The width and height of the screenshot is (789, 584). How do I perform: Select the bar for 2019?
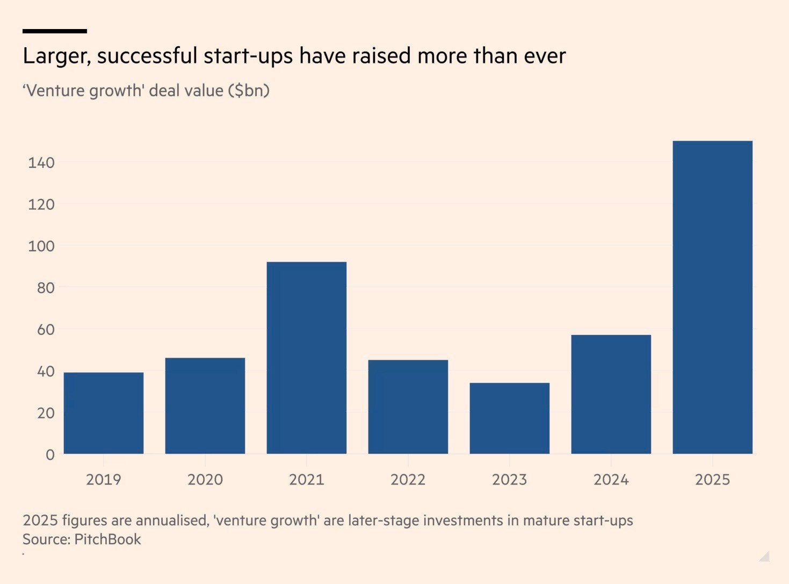pyautogui.click(x=104, y=413)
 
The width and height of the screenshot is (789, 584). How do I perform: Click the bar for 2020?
pyautogui.click(x=205, y=405)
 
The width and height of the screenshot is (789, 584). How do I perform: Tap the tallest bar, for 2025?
pyautogui.click(x=712, y=297)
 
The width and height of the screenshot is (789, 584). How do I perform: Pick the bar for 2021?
pyautogui.click(x=307, y=358)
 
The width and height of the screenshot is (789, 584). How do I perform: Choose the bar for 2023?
pyautogui.click(x=509, y=418)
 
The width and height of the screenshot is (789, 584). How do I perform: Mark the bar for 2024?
pyautogui.click(x=611, y=394)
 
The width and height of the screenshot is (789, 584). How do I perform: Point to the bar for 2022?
pyautogui.click(x=408, y=407)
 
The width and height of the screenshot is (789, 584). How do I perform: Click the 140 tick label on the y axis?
pyautogui.click(x=41, y=162)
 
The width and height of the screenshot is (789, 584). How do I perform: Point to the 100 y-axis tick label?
pyautogui.click(x=41, y=246)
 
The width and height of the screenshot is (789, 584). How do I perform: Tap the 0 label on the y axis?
pyautogui.click(x=50, y=455)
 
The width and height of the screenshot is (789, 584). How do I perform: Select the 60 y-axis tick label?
pyautogui.click(x=46, y=330)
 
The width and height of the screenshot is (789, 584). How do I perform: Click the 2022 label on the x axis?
pyautogui.click(x=408, y=480)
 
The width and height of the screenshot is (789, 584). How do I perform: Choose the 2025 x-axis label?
pyautogui.click(x=712, y=480)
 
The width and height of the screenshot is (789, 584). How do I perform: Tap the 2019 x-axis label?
pyautogui.click(x=104, y=480)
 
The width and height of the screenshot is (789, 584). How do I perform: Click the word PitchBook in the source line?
pyautogui.click(x=107, y=539)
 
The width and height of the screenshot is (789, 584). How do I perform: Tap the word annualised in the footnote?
pyautogui.click(x=171, y=521)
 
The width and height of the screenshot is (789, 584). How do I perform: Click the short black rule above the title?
pyautogui.click(x=55, y=31)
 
